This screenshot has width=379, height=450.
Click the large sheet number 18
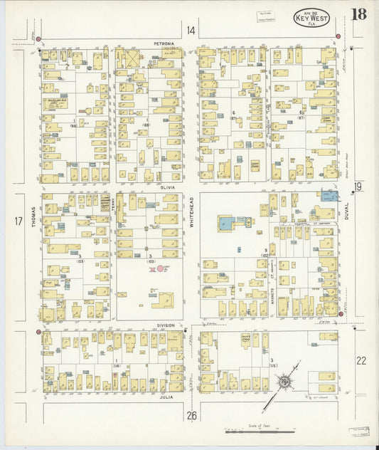358,15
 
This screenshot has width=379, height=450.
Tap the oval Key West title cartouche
311,18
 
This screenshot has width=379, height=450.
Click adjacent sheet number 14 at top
191,30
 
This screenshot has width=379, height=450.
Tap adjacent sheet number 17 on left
18,221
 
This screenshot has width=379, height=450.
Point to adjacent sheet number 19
358,187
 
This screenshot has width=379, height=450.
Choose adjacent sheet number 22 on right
361,360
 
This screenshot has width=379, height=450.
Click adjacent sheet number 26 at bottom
191,415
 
